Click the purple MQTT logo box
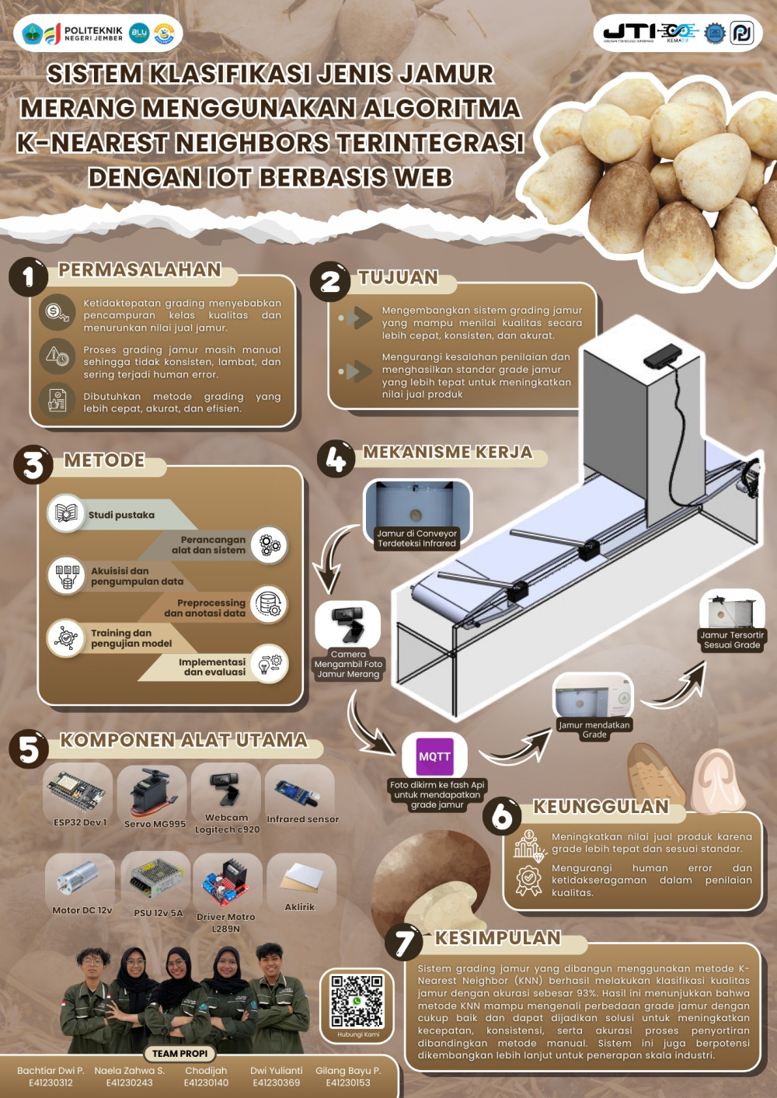click(x=434, y=756)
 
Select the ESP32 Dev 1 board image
click(x=76, y=790)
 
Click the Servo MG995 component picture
click(x=152, y=791)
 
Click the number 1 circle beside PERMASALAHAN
click(x=28, y=276)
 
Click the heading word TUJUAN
click(x=399, y=277)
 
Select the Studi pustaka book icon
click(x=66, y=513)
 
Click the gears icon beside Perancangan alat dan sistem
click(x=269, y=544)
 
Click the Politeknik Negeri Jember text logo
click(x=94, y=34)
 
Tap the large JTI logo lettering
click(x=629, y=33)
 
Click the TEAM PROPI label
click(x=179, y=1054)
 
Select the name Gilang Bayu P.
click(x=348, y=1071)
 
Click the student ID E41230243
click(x=130, y=1082)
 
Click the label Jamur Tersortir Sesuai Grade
click(x=732, y=640)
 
